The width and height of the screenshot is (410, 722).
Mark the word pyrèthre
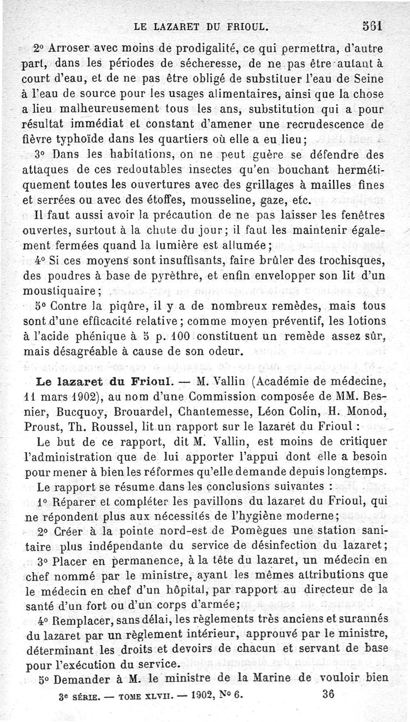click(174, 276)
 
